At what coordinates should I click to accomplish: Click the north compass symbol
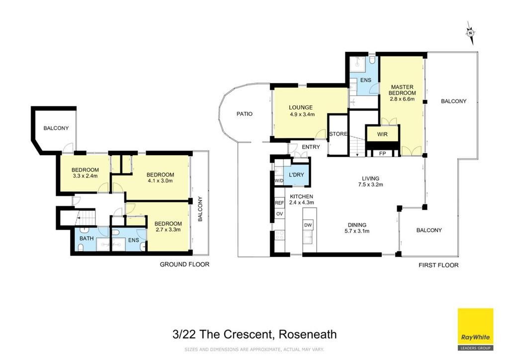(470, 33)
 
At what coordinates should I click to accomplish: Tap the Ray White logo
(475, 329)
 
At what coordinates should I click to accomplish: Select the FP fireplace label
(382, 153)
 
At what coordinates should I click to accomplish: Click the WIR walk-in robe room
(382, 134)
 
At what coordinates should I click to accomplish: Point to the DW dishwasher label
(308, 225)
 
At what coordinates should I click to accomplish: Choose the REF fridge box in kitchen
(279, 203)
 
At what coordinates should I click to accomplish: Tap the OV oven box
(279, 214)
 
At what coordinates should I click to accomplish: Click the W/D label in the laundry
(279, 181)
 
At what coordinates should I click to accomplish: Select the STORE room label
(338, 134)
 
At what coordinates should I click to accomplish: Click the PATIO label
(245, 114)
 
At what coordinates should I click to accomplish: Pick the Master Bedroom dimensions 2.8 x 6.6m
(402, 99)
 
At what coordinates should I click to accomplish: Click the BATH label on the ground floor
(86, 238)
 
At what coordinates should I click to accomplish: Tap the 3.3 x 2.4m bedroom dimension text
(85, 176)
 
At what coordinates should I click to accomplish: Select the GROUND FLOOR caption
(184, 264)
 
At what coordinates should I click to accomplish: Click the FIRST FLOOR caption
(438, 265)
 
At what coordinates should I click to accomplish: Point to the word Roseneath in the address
(308, 334)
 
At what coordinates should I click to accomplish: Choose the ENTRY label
(311, 147)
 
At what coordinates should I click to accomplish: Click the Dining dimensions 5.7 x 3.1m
(357, 231)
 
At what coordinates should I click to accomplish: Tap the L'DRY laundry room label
(296, 175)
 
